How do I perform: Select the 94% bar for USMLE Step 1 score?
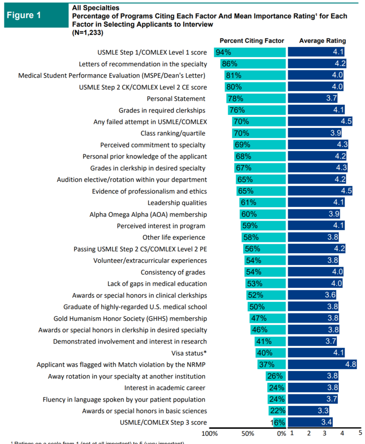click(250, 52)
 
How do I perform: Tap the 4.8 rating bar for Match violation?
click(322, 364)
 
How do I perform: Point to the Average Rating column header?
click(323, 41)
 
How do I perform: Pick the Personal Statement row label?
click(176, 98)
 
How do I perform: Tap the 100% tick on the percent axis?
click(210, 433)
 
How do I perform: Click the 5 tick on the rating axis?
click(360, 433)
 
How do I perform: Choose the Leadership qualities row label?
click(177, 202)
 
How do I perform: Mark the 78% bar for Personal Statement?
click(256, 98)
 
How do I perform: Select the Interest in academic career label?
click(165, 388)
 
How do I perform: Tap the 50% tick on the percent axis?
click(247, 433)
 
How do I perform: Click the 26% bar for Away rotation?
click(276, 376)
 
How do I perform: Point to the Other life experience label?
click(174, 237)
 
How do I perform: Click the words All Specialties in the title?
click(95, 8)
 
